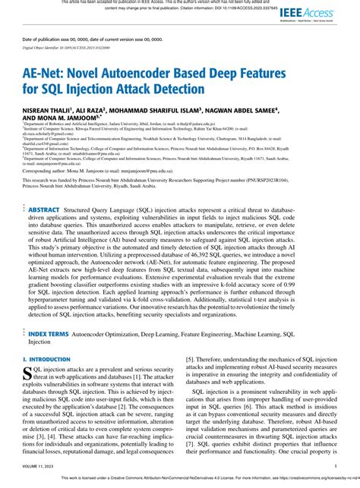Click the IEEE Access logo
[307, 14]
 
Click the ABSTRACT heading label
[45, 208]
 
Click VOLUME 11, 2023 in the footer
[37, 467]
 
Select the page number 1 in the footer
[335, 467]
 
